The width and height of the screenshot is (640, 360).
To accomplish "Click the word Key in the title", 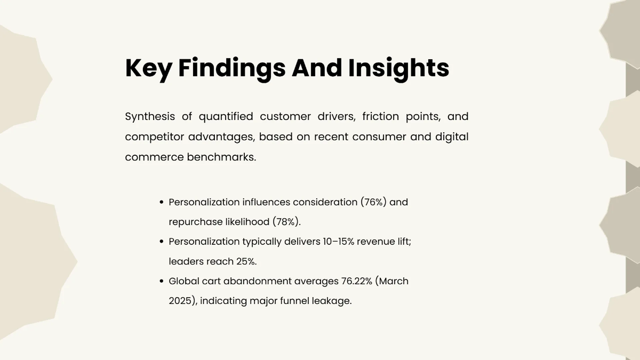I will (147, 68).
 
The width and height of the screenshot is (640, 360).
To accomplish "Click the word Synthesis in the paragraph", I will (150, 117).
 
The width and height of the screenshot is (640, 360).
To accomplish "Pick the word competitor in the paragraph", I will (154, 137).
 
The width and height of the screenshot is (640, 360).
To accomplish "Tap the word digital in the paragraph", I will (452, 137).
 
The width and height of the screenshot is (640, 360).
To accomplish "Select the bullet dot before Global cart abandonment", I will (162, 281).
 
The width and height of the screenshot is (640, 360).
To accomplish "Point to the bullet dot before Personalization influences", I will (162, 202).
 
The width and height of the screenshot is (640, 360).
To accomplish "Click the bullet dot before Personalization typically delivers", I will (162, 242).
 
